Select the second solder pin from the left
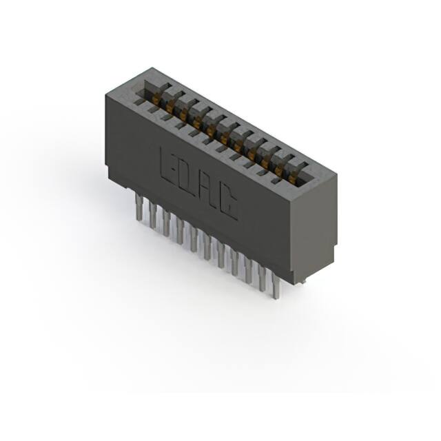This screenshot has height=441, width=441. point(152,214)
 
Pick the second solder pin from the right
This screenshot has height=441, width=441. point(263,277)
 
